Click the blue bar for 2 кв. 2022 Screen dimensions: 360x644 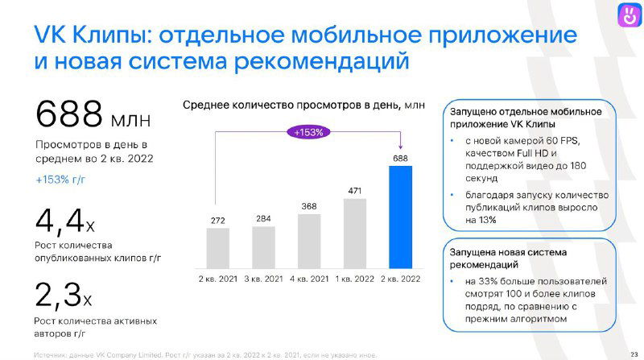pyautogui.click(x=400, y=217)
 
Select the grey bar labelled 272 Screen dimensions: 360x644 pyautogui.click(x=217, y=248)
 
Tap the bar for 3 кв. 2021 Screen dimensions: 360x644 pyautogui.click(x=263, y=247)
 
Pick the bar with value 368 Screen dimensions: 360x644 pyautogui.click(x=309, y=240)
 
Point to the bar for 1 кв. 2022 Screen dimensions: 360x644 pyautogui.click(x=355, y=233)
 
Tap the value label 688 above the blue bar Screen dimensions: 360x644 pyautogui.click(x=400, y=158)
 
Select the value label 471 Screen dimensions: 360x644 pyautogui.click(x=355, y=190)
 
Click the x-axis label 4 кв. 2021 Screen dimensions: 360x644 pyautogui.click(x=309, y=279)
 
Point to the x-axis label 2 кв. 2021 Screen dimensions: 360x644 pyautogui.click(x=217, y=279)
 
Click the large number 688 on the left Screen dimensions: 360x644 pyautogui.click(x=68, y=114)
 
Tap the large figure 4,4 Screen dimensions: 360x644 pyautogui.click(x=59, y=219)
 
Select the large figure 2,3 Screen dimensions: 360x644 pyautogui.click(x=59, y=295)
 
